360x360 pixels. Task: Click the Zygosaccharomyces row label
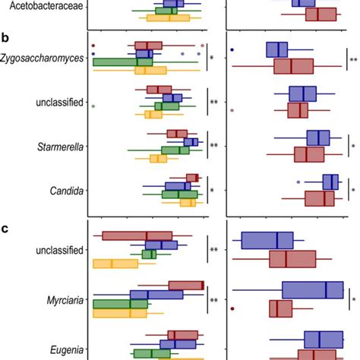coord(42,58)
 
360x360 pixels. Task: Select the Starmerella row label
coord(60,145)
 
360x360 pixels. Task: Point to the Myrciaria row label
coord(64,299)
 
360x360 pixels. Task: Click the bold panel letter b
coord(5,37)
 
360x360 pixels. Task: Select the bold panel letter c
coord(5,229)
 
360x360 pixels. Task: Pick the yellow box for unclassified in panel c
coord(115,264)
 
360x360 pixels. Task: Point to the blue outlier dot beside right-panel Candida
coord(298,182)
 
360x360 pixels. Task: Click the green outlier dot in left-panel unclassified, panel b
coord(93,106)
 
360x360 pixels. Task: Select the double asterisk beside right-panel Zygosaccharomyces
coord(352,59)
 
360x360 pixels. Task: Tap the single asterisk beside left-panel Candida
coord(213,191)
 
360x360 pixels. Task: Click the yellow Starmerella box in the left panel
coord(158,159)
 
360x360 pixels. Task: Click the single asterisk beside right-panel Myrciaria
coord(352,299)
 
